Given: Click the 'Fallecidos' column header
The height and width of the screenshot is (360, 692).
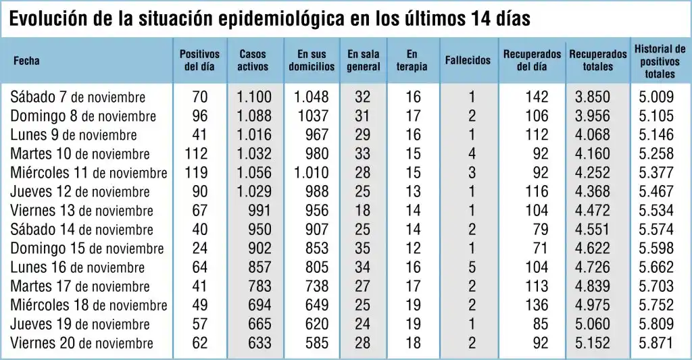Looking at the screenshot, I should (x=468, y=60).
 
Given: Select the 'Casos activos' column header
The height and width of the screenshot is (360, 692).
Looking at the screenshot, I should (x=253, y=60).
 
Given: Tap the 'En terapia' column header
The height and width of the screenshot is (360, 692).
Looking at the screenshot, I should (x=412, y=60).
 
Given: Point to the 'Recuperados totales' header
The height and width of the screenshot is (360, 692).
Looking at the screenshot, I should (x=597, y=60).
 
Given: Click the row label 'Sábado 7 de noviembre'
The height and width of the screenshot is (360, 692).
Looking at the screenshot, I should (x=78, y=97).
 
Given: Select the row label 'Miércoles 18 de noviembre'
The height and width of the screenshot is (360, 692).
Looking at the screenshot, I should (x=89, y=305).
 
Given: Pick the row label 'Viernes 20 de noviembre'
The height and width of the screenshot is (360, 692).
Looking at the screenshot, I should (x=82, y=343).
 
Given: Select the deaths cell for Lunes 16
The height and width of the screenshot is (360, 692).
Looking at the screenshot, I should (x=472, y=267).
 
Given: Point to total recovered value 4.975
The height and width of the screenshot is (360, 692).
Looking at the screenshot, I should (x=592, y=305).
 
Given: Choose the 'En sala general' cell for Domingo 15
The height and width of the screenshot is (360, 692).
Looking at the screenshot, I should (x=363, y=249).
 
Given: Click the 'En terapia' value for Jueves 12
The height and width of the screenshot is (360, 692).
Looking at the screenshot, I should (x=413, y=192).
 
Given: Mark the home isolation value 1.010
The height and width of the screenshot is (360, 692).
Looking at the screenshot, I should (x=312, y=173).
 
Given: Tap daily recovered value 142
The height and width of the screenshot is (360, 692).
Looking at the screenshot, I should (x=537, y=97).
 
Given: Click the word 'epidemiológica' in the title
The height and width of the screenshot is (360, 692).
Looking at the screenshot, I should (x=283, y=19).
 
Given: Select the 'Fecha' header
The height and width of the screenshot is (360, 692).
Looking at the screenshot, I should (x=26, y=61).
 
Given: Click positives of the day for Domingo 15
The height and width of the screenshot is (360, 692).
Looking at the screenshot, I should (x=200, y=249).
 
